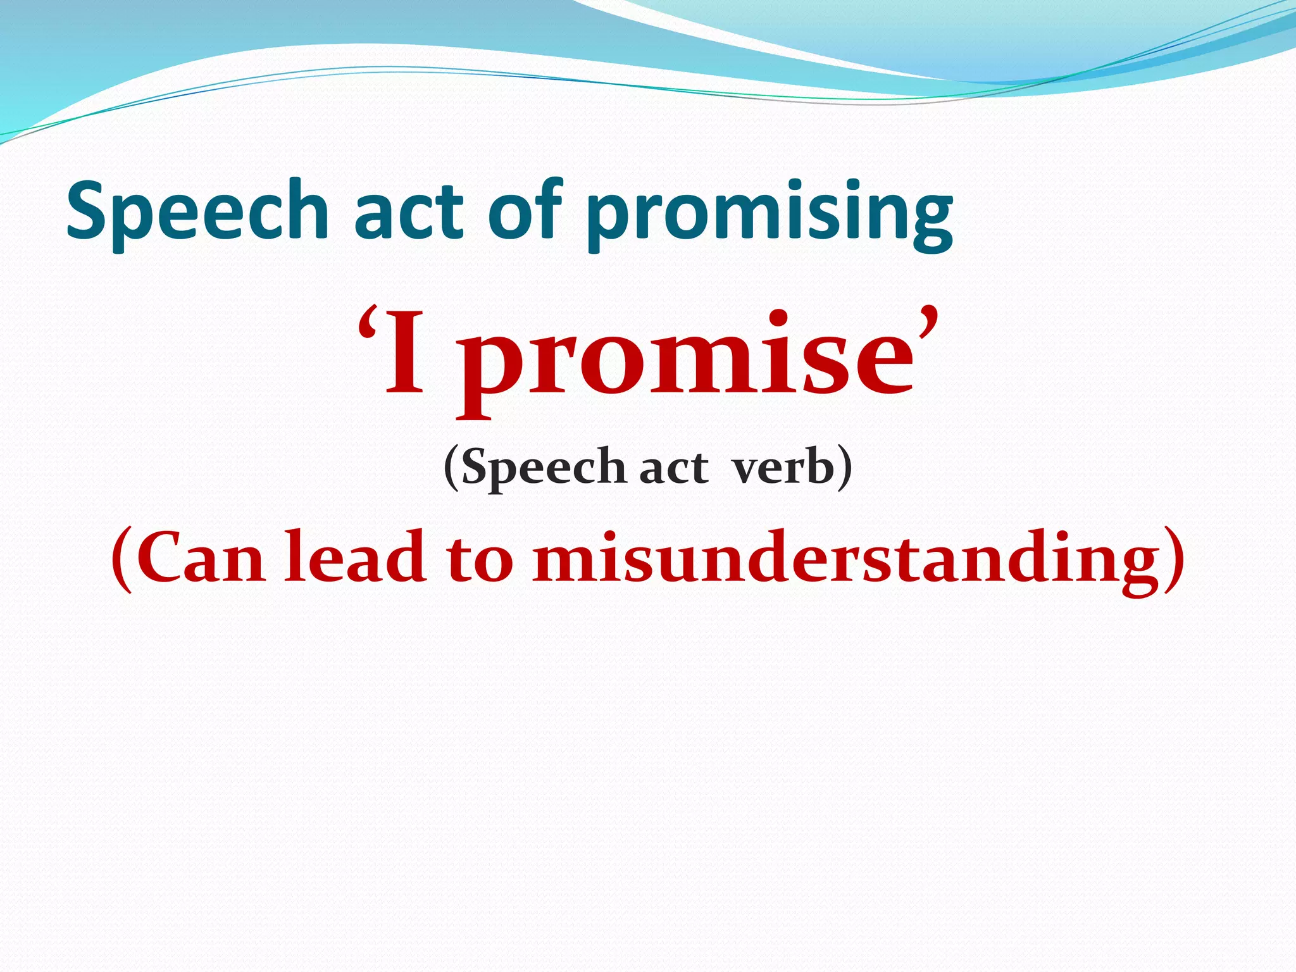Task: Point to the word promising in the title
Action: (x=768, y=215)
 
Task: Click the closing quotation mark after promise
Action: (x=926, y=323)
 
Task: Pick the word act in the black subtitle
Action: (x=673, y=470)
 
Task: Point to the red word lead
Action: (x=354, y=557)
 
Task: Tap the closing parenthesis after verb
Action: (x=845, y=468)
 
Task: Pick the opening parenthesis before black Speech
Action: (x=451, y=468)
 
